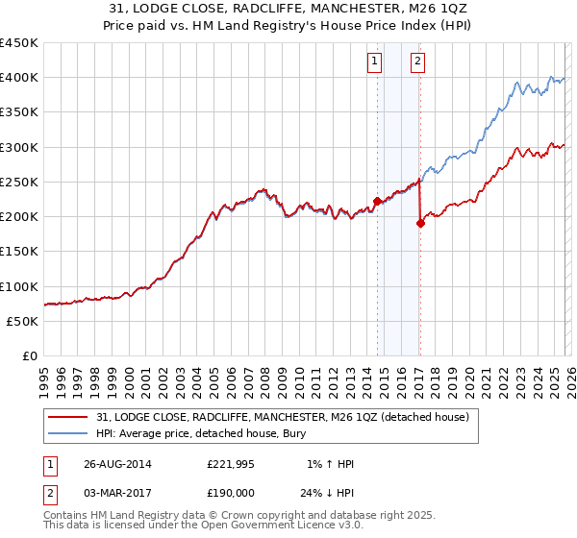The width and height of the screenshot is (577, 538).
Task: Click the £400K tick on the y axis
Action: click(20, 77)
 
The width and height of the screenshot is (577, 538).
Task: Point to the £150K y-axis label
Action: click(20, 251)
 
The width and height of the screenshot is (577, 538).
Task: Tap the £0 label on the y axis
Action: click(31, 355)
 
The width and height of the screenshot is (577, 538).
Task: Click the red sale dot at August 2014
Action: click(377, 201)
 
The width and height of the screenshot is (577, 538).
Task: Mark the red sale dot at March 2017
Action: click(420, 223)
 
